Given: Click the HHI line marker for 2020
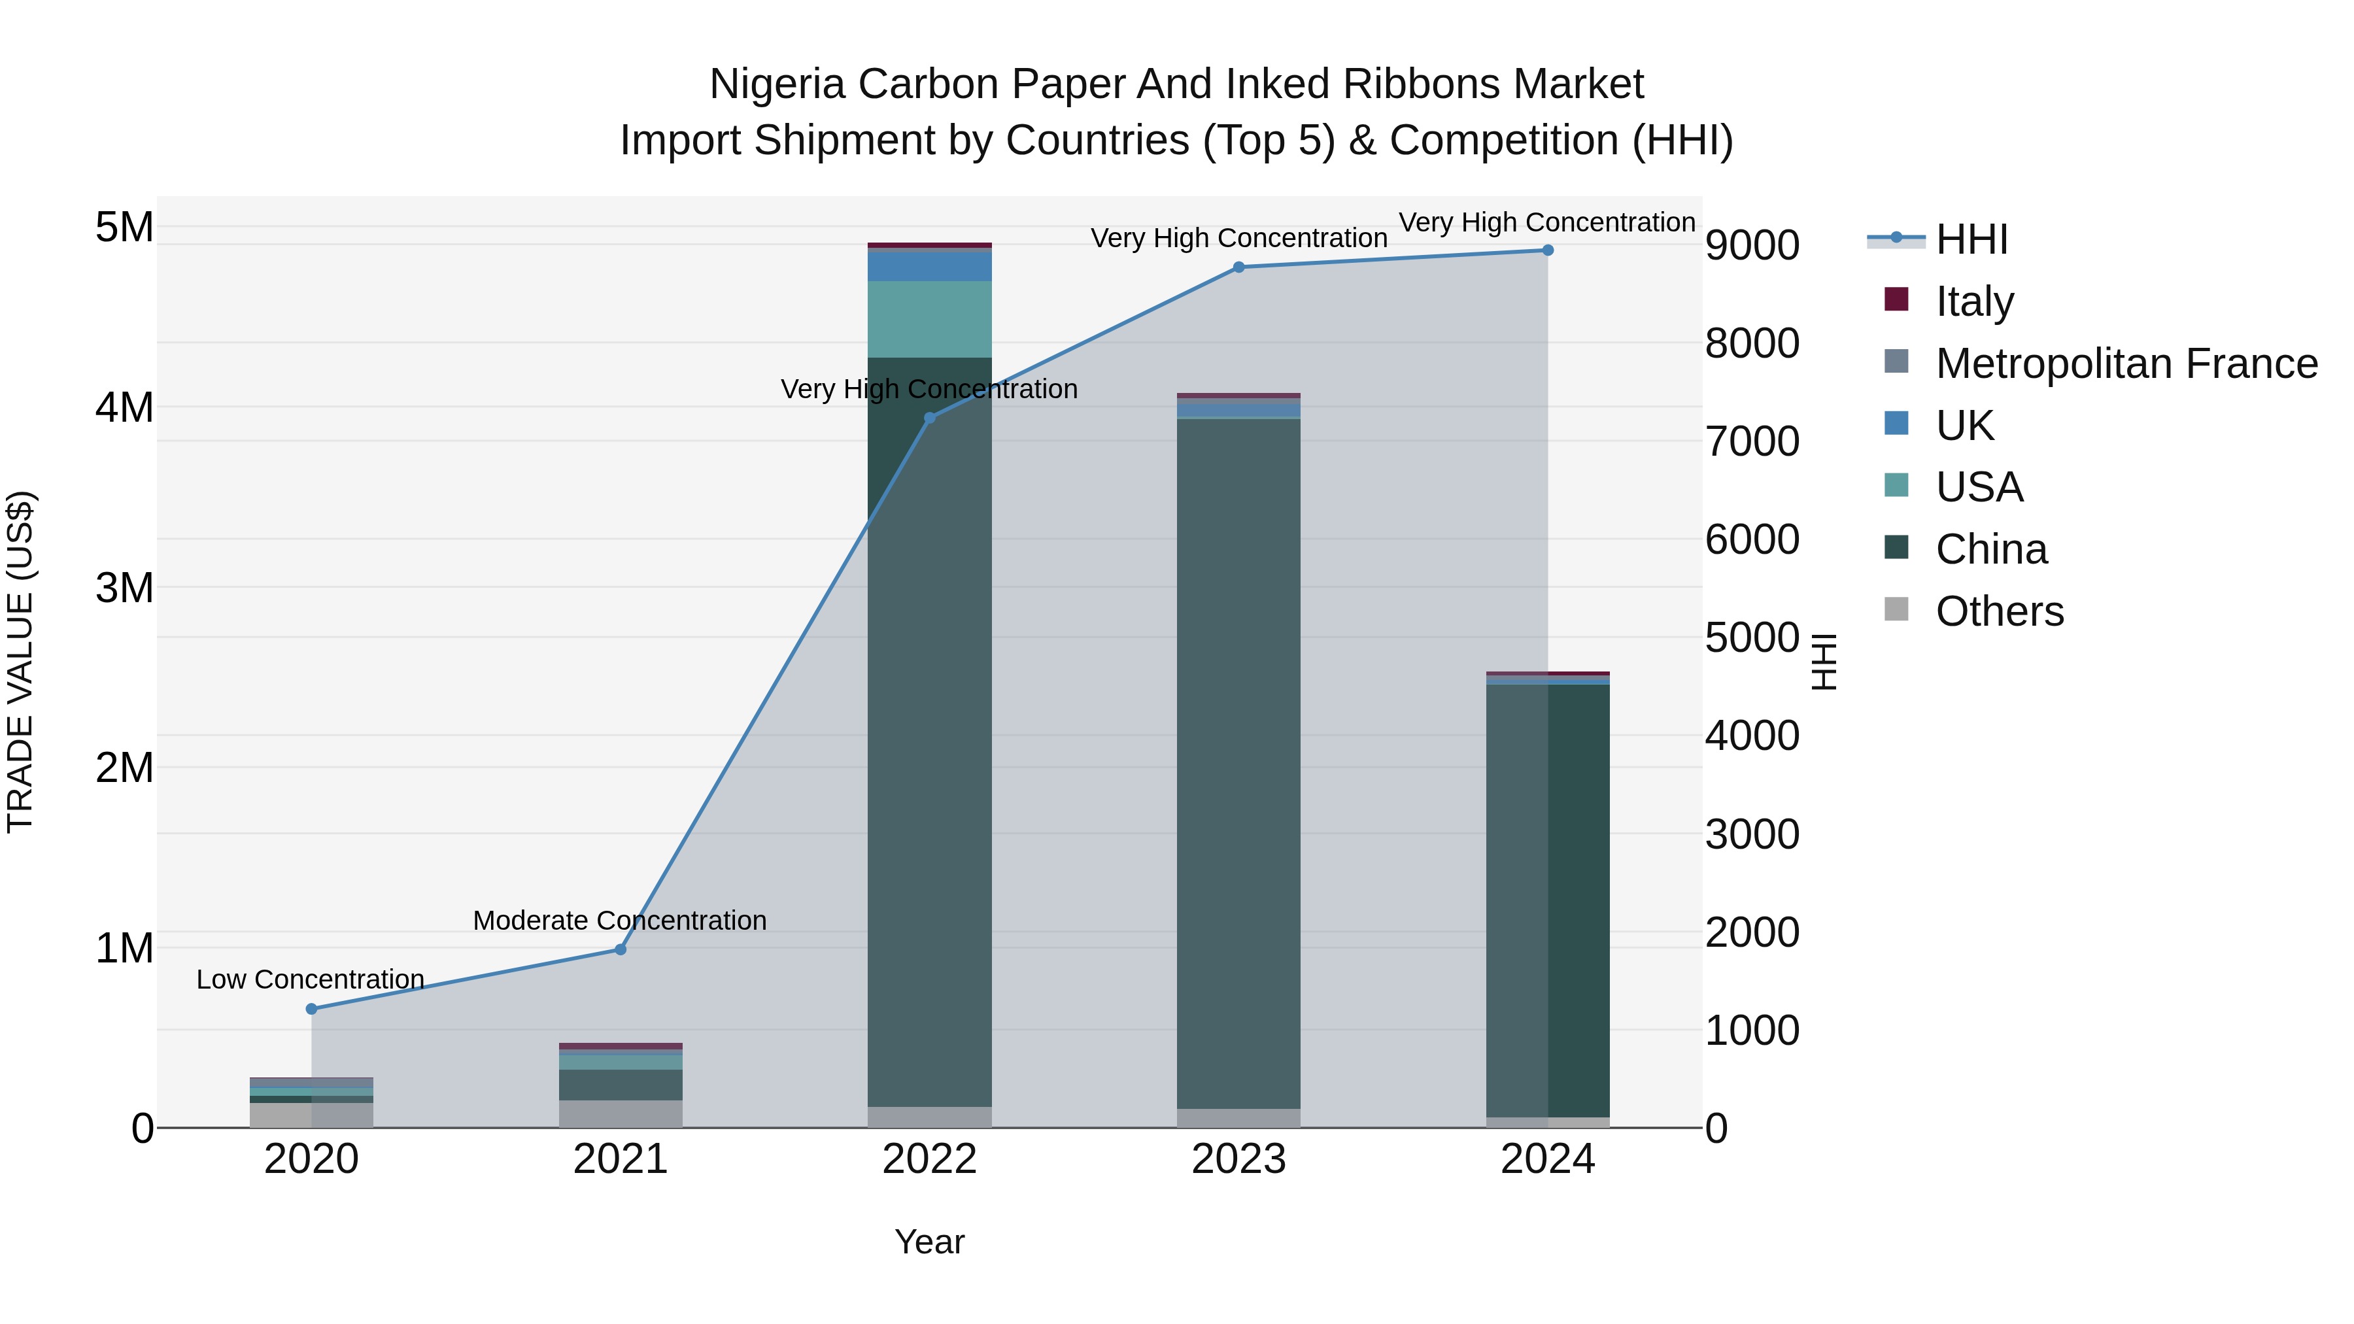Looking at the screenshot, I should click(312, 1009).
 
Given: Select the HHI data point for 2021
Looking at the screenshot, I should click(621, 949).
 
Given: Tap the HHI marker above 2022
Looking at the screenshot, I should click(929, 418).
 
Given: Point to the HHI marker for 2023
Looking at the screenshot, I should click(1238, 267).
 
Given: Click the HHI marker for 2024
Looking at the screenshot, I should click(1547, 250).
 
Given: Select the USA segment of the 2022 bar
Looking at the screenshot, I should click(929, 319).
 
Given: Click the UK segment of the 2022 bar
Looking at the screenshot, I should click(929, 265).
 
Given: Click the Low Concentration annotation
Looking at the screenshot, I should click(310, 979).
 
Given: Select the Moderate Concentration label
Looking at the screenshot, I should click(620, 920).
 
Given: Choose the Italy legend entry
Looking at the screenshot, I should click(1974, 301).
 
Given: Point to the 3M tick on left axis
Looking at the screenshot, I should click(125, 588).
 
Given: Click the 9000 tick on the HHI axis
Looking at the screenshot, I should click(1752, 245).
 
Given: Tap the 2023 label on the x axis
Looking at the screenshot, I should click(1238, 1159).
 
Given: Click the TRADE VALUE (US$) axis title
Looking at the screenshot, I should click(20, 662).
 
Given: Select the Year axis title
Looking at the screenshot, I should click(929, 1242).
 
